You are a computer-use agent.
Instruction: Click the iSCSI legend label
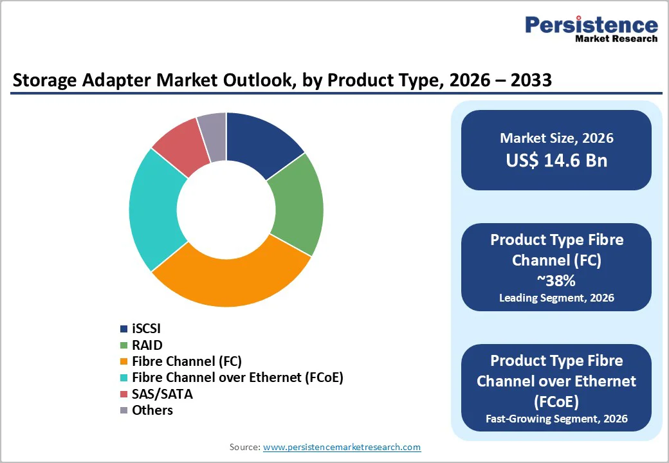click(x=146, y=329)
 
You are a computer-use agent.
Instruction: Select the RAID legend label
click(x=147, y=345)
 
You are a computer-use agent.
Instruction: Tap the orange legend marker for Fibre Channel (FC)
click(x=124, y=361)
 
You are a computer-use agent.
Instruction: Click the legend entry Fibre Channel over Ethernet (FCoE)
click(x=237, y=377)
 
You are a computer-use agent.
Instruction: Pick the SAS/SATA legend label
click(x=162, y=394)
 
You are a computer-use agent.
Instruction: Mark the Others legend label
click(x=152, y=410)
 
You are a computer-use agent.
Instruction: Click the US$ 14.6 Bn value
click(x=556, y=160)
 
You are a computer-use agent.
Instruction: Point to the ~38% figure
click(x=556, y=280)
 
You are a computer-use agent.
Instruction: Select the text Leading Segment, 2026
click(x=556, y=298)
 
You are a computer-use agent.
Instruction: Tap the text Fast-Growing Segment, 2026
click(x=556, y=419)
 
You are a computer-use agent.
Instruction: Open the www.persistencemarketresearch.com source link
click(x=342, y=447)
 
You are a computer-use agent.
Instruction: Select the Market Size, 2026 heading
click(x=556, y=138)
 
